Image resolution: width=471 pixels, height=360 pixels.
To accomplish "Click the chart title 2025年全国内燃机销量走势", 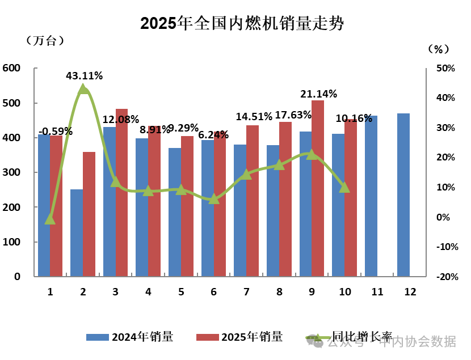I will [242, 23].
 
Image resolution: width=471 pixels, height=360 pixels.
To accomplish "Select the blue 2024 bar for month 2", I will [77, 233].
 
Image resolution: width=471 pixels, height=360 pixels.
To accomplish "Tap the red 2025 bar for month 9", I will [318, 188].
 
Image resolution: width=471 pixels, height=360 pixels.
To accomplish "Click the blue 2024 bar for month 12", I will [403, 195].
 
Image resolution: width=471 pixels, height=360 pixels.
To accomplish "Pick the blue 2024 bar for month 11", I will [371, 196].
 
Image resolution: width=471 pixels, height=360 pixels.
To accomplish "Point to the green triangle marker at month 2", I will [83, 89].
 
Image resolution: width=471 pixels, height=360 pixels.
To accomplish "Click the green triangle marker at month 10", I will [344, 187].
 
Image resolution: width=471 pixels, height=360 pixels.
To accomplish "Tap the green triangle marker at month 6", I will [213, 199].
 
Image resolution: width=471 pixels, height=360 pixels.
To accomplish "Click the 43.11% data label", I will [84, 75].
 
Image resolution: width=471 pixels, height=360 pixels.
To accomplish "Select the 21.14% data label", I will [318, 94].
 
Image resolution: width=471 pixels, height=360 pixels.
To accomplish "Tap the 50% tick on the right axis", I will [445, 69].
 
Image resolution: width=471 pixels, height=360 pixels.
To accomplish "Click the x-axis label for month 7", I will [246, 292].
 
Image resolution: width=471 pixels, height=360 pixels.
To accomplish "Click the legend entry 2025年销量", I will [239, 337].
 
